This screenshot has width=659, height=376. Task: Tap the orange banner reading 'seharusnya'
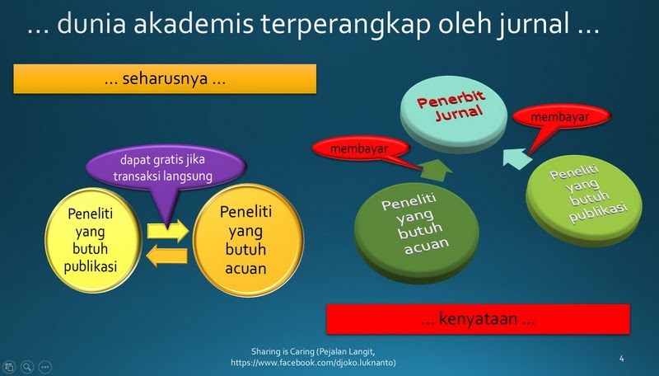165,78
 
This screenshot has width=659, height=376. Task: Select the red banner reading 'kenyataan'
479,319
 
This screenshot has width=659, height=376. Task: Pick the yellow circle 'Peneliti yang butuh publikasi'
91,240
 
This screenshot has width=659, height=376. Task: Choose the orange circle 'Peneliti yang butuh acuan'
248,240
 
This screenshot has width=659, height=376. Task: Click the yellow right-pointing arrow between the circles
168,231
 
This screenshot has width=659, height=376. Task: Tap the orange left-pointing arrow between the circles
167,256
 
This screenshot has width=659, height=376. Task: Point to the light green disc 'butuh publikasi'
584,200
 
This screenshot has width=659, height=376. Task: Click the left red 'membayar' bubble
361,148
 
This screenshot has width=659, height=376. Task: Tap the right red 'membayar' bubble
561,117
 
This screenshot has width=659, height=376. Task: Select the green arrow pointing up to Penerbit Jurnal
436,171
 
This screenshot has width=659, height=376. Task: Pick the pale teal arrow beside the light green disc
516,158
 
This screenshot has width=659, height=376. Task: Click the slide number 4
622,359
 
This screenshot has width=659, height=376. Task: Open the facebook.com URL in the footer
313,363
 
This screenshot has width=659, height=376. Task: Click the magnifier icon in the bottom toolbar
27,367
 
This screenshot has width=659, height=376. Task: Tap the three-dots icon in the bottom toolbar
45,367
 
